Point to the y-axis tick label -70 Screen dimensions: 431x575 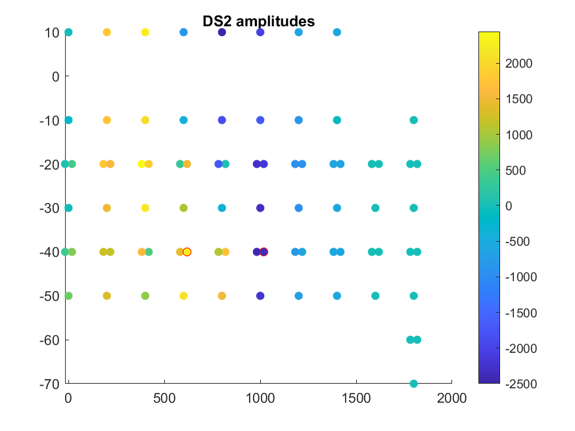pyautogui.click(x=49, y=384)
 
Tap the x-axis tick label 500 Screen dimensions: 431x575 pyautogui.click(x=164, y=398)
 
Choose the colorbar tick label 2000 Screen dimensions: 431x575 pyautogui.click(x=520, y=64)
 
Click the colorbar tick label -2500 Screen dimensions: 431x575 pyautogui.click(x=522, y=383)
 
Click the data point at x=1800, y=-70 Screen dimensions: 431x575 pyautogui.click(x=414, y=384)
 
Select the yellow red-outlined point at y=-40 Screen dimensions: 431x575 pyautogui.click(x=187, y=252)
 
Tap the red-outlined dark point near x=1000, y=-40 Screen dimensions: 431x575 pyautogui.click(x=264, y=252)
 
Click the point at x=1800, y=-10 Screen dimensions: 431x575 pyautogui.click(x=414, y=120)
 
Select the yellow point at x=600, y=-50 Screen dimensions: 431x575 pyautogui.click(x=183, y=296)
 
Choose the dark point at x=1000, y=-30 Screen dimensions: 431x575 pyautogui.click(x=260, y=208)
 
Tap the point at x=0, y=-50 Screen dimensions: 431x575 pyautogui.click(x=68, y=296)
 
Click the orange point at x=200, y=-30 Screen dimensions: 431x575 pyautogui.click(x=106, y=208)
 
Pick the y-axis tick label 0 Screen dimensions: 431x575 pyautogui.click(x=56, y=76)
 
